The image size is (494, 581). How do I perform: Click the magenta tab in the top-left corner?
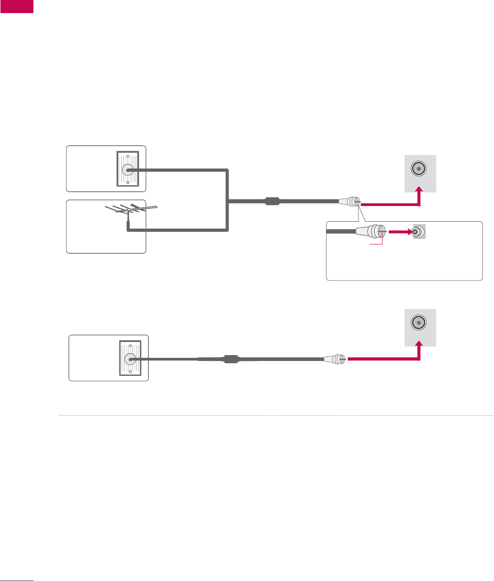[x=17, y=6]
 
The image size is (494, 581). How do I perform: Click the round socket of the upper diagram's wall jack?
[x=127, y=170]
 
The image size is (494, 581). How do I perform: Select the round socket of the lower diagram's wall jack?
[x=129, y=359]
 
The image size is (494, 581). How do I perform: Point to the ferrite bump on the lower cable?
[x=231, y=360]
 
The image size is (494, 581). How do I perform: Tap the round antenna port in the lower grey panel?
[x=419, y=323]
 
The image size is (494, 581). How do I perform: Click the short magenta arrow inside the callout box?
[x=400, y=232]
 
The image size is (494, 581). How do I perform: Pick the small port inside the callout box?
[x=419, y=232]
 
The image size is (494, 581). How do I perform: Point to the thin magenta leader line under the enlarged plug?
[x=376, y=244]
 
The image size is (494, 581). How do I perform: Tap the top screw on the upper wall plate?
[x=127, y=158]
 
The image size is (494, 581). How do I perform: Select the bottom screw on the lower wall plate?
[x=130, y=371]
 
